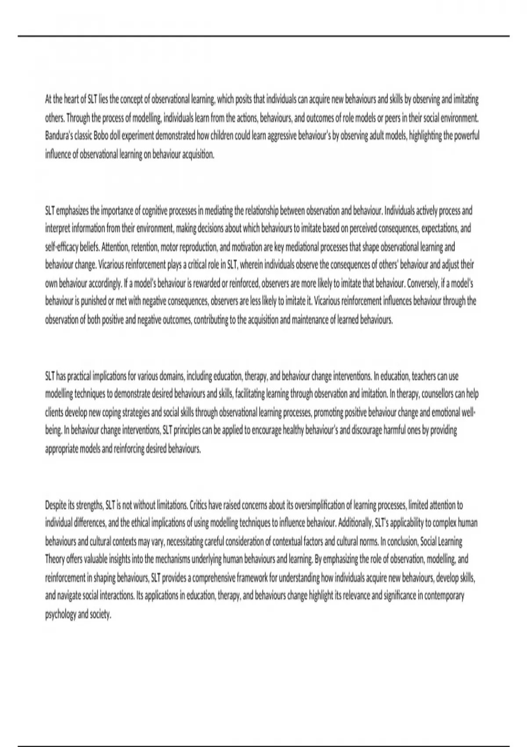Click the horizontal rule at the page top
(x=263, y=36)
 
